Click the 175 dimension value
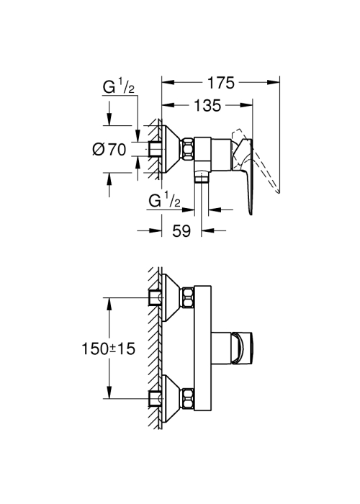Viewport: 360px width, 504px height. tap(221, 83)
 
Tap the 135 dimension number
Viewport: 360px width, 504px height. tap(207, 105)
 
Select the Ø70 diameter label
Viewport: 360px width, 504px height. tap(109, 150)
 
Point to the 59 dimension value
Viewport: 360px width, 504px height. tap(181, 230)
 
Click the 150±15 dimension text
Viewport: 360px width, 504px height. tap(108, 348)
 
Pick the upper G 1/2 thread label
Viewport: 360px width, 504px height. tap(119, 86)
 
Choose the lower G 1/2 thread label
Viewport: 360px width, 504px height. tap(164, 201)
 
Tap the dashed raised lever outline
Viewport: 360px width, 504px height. tap(257, 161)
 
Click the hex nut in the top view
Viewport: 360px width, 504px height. tap(189, 149)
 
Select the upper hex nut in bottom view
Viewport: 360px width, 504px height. tap(188, 297)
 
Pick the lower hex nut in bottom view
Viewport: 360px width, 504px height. tap(188, 399)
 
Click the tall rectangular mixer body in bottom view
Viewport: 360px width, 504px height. tap(202, 348)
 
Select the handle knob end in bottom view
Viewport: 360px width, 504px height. tap(243, 348)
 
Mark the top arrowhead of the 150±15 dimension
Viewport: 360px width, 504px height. tap(109, 304)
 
